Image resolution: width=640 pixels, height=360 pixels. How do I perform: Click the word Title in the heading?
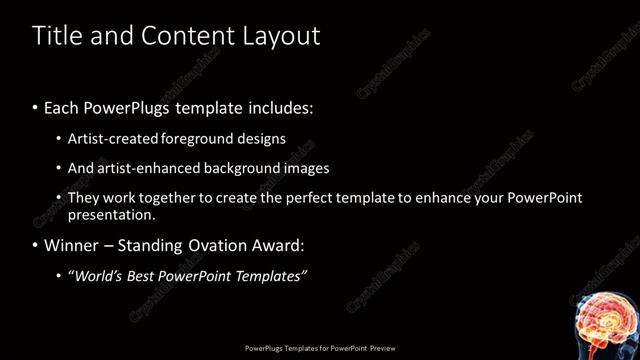56,36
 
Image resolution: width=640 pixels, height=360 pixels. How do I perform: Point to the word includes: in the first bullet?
279,106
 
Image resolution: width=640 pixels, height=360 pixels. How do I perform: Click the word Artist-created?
111,138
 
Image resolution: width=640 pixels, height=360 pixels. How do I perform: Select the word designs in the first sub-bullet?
264,138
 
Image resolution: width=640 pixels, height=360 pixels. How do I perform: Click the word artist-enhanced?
140,168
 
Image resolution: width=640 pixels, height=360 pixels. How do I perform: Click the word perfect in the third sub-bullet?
324,198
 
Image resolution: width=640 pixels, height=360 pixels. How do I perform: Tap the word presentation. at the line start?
111,214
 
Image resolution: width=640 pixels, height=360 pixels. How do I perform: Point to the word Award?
282,245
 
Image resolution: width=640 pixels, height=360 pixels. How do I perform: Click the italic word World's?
95,275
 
